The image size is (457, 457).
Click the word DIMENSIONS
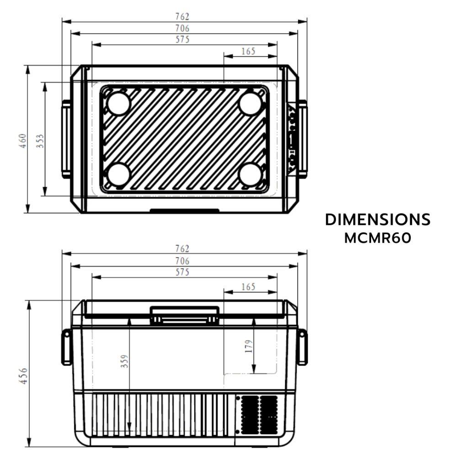coord(377,220)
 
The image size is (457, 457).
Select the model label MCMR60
coord(377,238)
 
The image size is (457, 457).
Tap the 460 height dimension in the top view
coord(23,141)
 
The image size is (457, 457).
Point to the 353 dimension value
coord(40,141)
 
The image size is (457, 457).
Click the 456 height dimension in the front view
coord(23,376)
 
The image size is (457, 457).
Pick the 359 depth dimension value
coord(124,361)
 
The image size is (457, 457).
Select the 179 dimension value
coord(249,346)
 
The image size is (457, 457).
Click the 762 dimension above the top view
coord(182,16)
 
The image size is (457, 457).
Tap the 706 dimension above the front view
coord(182,261)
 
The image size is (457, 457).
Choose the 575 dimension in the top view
coord(182,39)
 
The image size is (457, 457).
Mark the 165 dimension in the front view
coord(248,287)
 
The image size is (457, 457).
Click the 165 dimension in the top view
coord(248,51)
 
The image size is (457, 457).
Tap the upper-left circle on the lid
coord(118,103)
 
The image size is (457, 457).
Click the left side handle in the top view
coord(66,139)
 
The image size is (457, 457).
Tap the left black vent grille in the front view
coord(250,414)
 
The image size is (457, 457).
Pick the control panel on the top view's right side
coord(292,139)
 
